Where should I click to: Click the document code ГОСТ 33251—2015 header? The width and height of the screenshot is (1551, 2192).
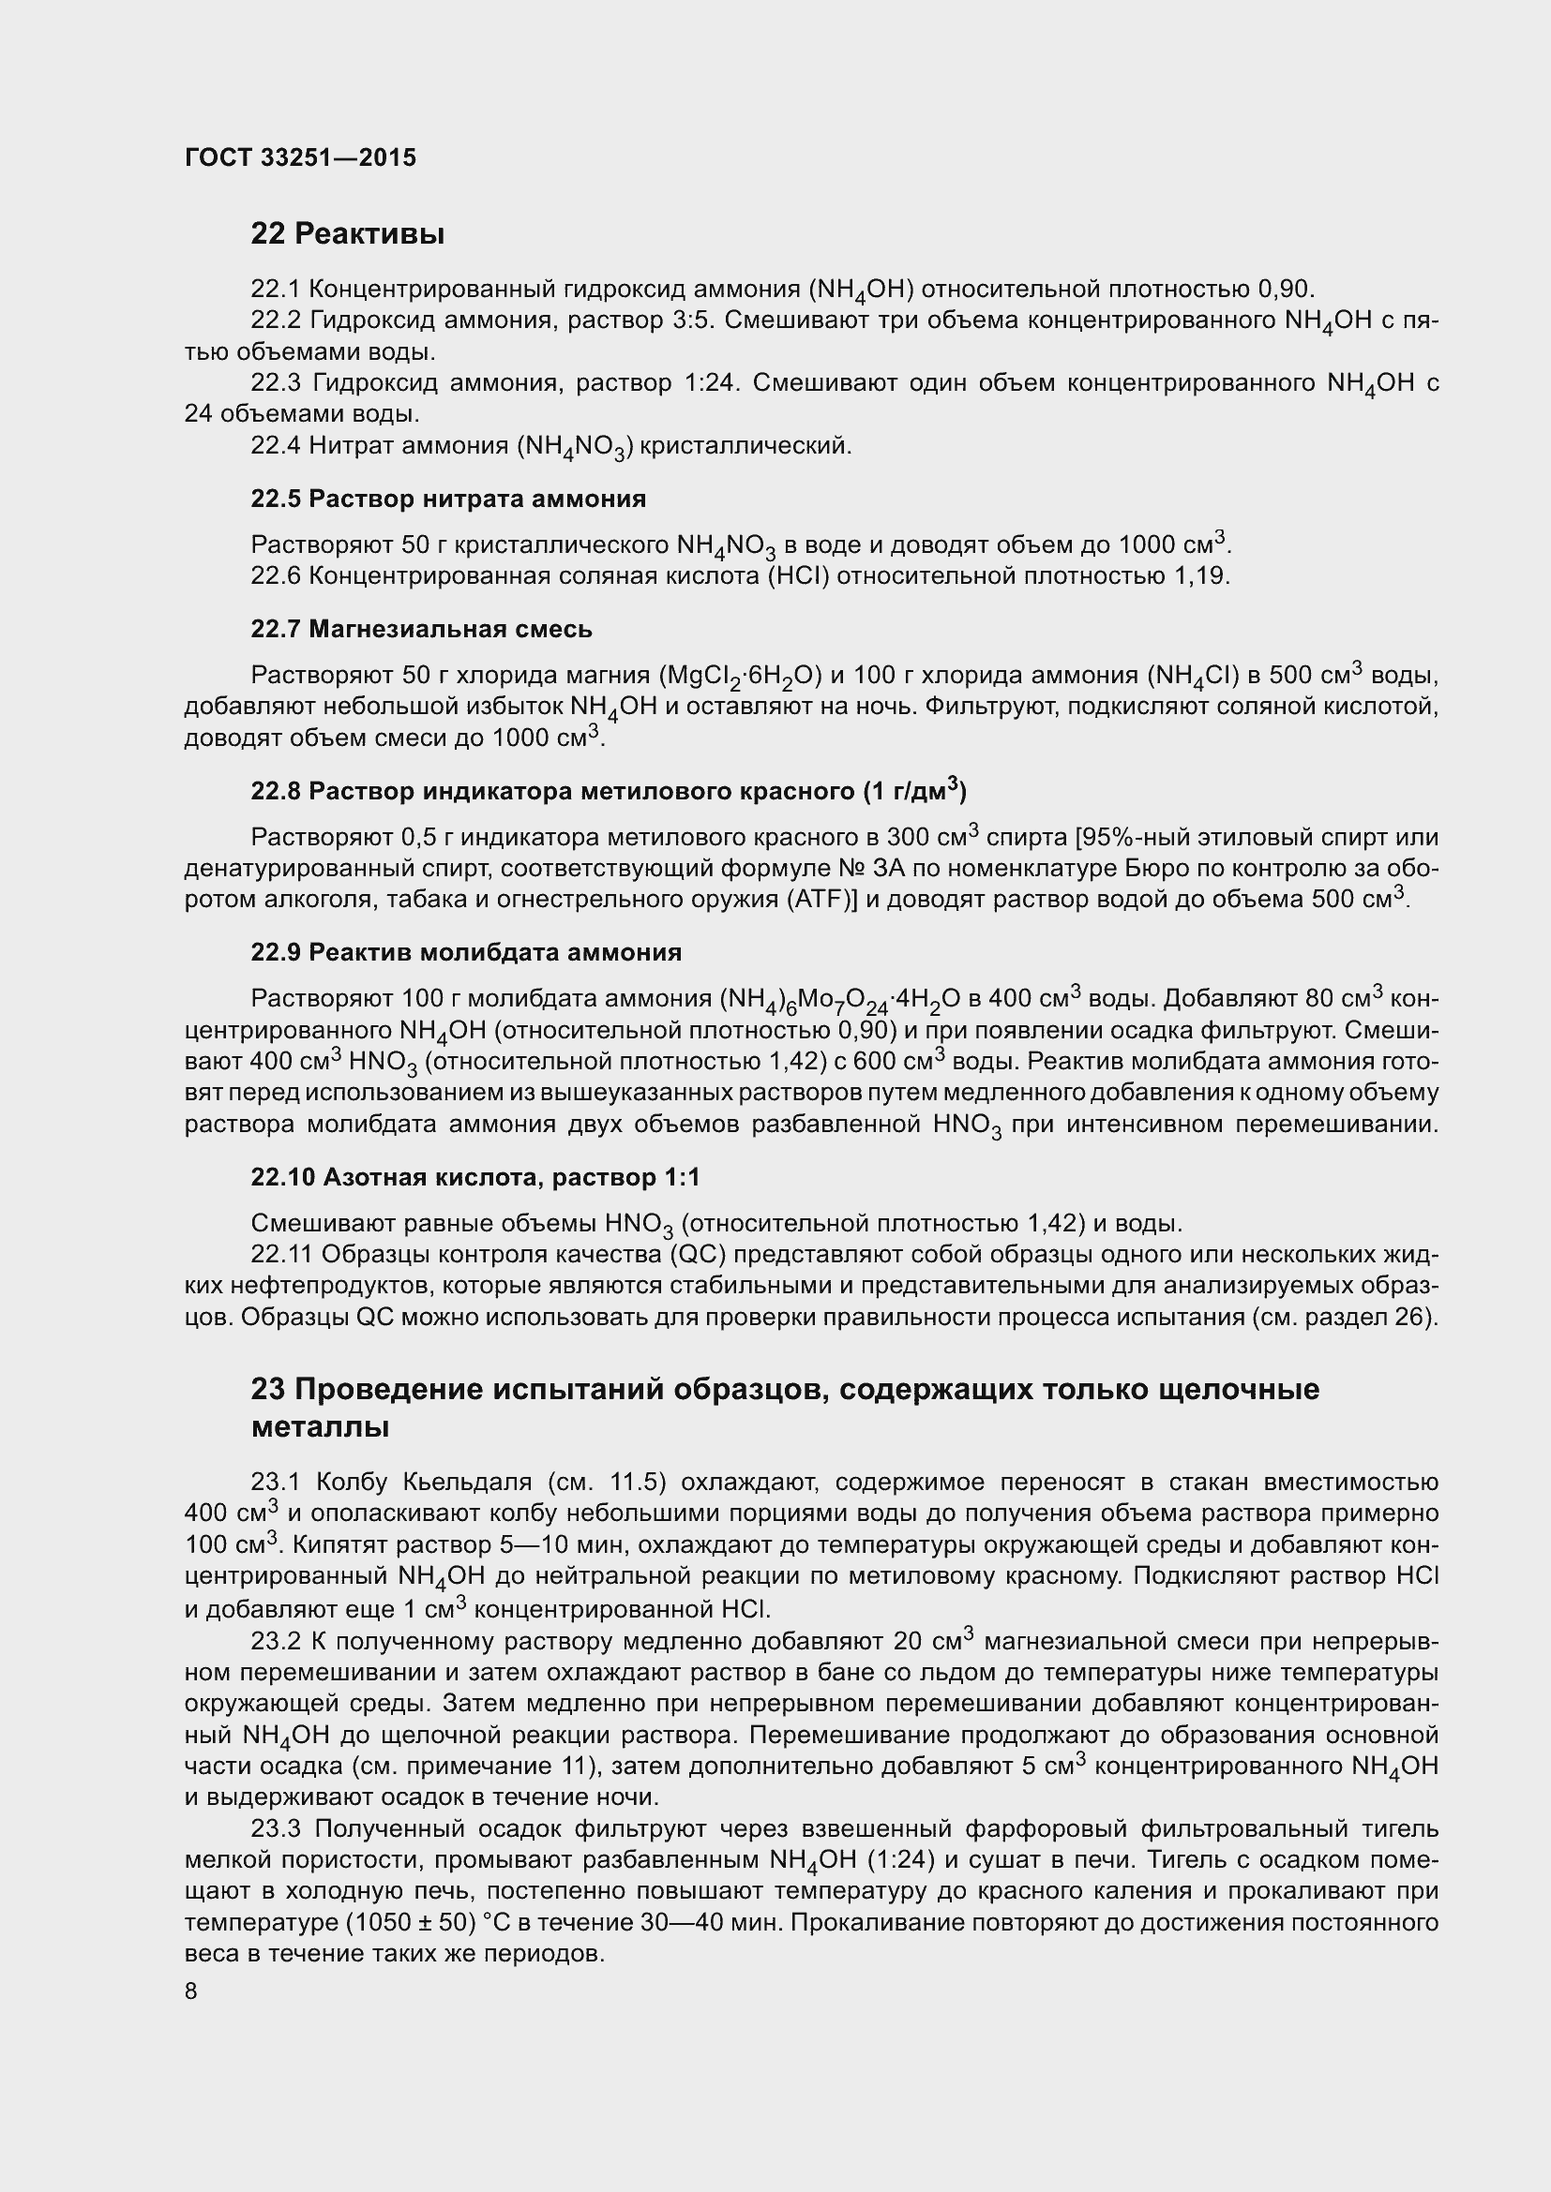click(x=300, y=158)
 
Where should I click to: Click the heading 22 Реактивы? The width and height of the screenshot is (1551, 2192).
click(x=348, y=233)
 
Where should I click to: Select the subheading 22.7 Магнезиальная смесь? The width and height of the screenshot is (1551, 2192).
click(x=421, y=629)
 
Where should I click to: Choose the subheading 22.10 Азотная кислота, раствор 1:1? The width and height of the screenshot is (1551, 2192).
click(x=475, y=1177)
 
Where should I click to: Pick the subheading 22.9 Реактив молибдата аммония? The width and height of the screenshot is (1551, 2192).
click(x=466, y=952)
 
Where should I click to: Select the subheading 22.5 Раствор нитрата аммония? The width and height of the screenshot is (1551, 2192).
click(x=448, y=499)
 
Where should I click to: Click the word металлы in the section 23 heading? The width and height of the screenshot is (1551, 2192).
click(x=320, y=1427)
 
